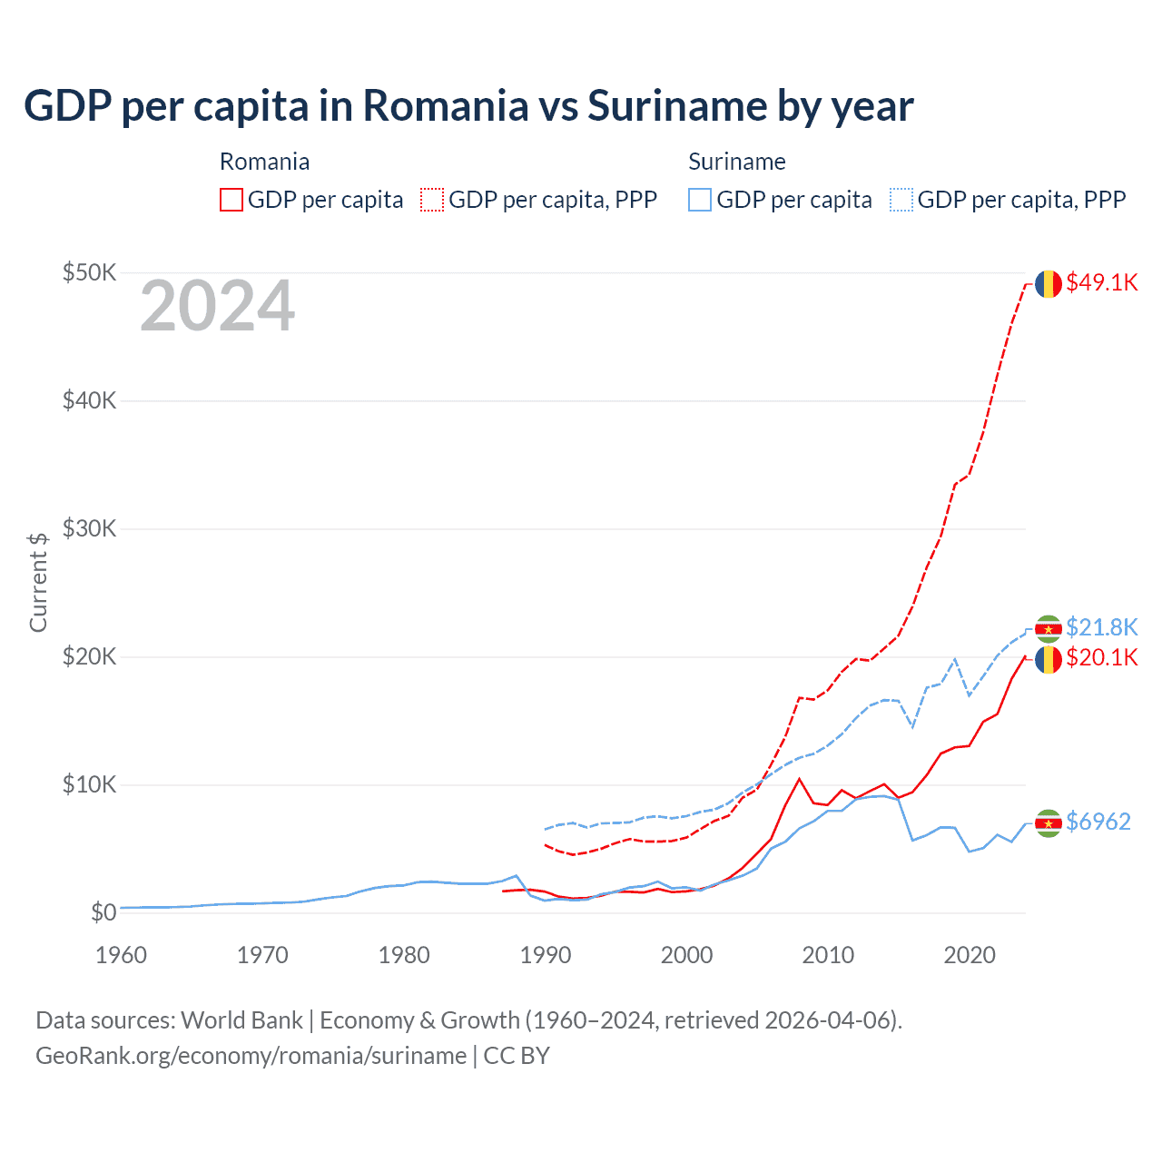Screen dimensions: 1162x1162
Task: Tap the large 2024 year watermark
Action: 217,306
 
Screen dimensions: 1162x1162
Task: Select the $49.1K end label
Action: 1101,282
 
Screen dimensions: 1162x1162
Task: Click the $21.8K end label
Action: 1101,627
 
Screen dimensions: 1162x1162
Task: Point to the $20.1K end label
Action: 1101,657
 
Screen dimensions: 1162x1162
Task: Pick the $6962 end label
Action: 1098,822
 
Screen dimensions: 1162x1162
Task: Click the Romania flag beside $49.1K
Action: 1049,283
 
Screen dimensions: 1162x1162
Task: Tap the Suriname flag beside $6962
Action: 1049,822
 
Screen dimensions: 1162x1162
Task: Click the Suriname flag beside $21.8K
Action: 1049,628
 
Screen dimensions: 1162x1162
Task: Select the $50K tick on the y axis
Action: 89,272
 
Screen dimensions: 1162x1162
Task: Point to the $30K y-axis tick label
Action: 89,528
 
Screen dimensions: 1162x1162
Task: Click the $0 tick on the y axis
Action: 103,912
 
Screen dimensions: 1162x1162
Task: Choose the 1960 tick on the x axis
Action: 121,955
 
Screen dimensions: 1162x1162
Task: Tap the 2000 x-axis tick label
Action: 686,955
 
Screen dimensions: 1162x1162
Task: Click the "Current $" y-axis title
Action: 38,582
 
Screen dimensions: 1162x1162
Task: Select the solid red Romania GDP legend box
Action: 231,200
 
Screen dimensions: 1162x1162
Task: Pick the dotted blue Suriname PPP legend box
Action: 901,200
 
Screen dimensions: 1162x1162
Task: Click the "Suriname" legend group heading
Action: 736,162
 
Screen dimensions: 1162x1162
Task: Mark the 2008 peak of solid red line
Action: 799,779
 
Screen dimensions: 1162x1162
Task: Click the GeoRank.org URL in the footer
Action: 251,1056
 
